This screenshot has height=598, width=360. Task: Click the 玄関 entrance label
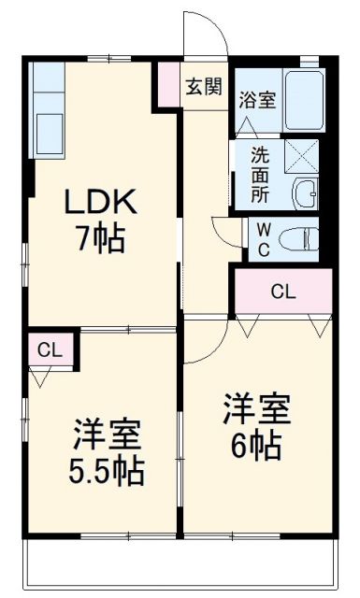pos(203,87)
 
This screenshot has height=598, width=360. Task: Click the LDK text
pos(101,203)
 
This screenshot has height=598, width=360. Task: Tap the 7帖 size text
pos(101,239)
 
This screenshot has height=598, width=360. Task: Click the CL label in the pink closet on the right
pos(282,292)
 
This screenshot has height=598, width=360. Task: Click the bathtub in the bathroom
pos(303,102)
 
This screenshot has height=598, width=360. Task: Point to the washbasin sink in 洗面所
pos(305,193)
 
